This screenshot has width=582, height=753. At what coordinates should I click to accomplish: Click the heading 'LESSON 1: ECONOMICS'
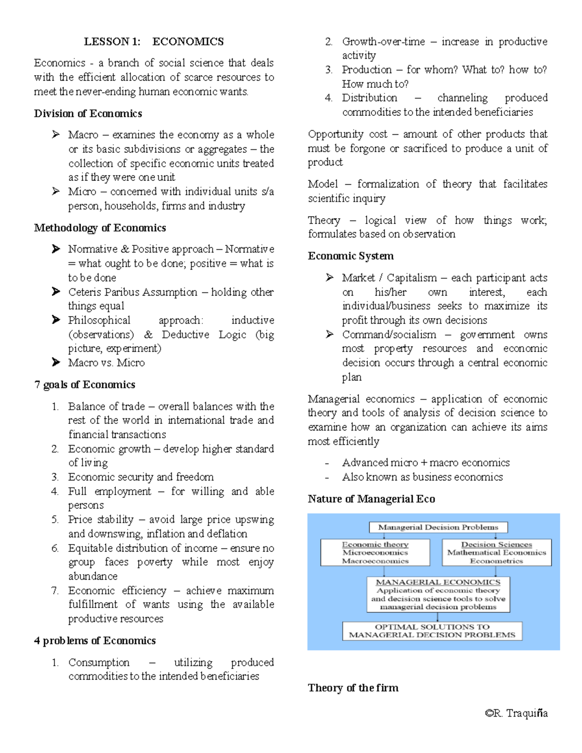coord(154,42)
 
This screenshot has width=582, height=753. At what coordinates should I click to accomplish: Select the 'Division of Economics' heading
coord(88,113)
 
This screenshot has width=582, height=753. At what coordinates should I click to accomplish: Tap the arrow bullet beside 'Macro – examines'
coord(56,134)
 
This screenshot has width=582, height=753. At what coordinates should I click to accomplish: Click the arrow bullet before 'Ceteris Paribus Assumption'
coord(56,291)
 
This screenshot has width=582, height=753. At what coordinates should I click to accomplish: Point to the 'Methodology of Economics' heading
coord(100,228)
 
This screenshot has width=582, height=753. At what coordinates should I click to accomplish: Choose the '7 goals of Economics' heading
coord(84,385)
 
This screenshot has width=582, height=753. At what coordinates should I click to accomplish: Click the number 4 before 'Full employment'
coord(55,491)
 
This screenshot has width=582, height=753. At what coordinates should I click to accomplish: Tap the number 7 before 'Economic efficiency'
coord(55,591)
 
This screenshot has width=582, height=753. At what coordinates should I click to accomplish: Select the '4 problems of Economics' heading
coord(95,641)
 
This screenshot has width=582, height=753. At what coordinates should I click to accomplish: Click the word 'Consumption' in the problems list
coord(99,662)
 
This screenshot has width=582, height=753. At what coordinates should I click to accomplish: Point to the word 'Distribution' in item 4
coord(369,98)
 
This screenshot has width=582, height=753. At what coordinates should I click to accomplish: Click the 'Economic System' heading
coord(351,256)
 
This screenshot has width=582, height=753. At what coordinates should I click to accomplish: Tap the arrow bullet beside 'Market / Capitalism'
coord(330,277)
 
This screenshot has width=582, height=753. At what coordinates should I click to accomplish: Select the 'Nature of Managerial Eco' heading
coord(371,499)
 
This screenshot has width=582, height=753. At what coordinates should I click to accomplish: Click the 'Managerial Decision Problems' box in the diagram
coord(438,527)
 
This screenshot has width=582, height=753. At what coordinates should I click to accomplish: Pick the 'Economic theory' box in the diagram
coord(375,553)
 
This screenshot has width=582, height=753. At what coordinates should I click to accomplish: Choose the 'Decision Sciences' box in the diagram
coord(497,553)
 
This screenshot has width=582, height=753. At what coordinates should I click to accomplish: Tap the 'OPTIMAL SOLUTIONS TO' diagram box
coord(432,631)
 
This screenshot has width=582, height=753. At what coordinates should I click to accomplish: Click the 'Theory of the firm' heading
coord(353,688)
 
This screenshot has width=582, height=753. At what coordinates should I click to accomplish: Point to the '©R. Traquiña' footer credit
coord(516,713)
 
